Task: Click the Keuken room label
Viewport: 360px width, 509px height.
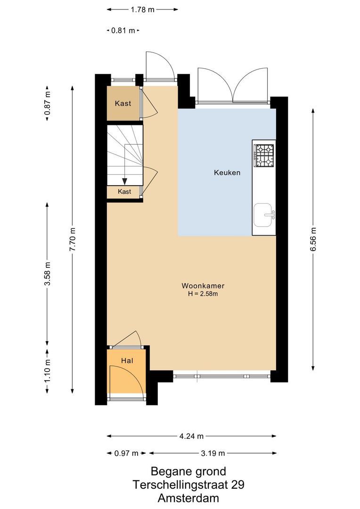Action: coord(227,172)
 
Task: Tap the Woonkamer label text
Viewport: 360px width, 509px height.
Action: coord(203,286)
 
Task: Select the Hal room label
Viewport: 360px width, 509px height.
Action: coord(127,361)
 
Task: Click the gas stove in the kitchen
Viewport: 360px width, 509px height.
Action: coord(264,156)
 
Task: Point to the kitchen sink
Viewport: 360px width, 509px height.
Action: coord(264,215)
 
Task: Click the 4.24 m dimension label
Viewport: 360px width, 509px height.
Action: coord(191,436)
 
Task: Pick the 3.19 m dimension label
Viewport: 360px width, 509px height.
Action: coord(213,453)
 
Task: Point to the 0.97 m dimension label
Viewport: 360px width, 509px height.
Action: coord(126,453)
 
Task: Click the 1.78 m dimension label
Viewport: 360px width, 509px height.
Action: coord(142,9)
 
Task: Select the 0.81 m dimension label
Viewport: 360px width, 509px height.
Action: coord(123,31)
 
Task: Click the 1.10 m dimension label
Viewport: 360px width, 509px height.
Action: coord(47,371)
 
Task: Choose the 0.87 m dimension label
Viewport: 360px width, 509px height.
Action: coord(47,103)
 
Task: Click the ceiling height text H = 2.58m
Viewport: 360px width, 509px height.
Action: coord(203,294)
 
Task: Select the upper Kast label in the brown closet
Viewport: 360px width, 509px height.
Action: coord(123,104)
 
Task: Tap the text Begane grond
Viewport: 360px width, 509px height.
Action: coord(188,471)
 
